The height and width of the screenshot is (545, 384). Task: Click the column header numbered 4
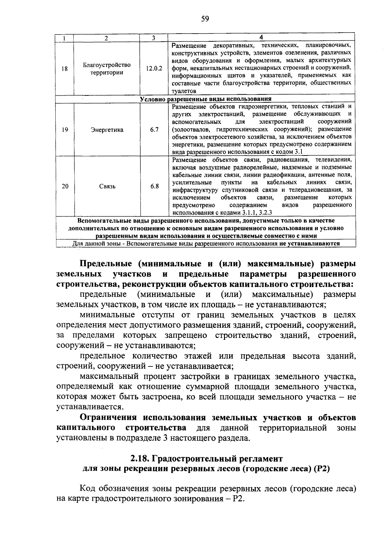point(261,37)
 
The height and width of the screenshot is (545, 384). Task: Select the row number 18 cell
point(65,69)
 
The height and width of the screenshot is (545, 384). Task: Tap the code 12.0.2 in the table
point(154,69)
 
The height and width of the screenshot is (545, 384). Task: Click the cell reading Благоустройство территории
point(107,69)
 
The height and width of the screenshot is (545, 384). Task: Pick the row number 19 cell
point(65,130)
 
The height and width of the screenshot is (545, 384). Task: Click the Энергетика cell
point(107,130)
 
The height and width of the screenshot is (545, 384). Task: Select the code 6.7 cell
point(154,130)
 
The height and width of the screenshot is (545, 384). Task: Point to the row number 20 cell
point(65,186)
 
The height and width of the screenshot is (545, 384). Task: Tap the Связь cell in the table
point(107,186)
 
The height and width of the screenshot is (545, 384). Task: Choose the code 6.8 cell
point(154,186)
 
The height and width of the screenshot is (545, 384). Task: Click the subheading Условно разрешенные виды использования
point(205,99)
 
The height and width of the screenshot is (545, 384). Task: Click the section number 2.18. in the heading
point(140,459)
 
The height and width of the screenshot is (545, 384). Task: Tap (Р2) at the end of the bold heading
point(322,469)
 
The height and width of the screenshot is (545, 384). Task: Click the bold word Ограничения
point(108,418)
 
